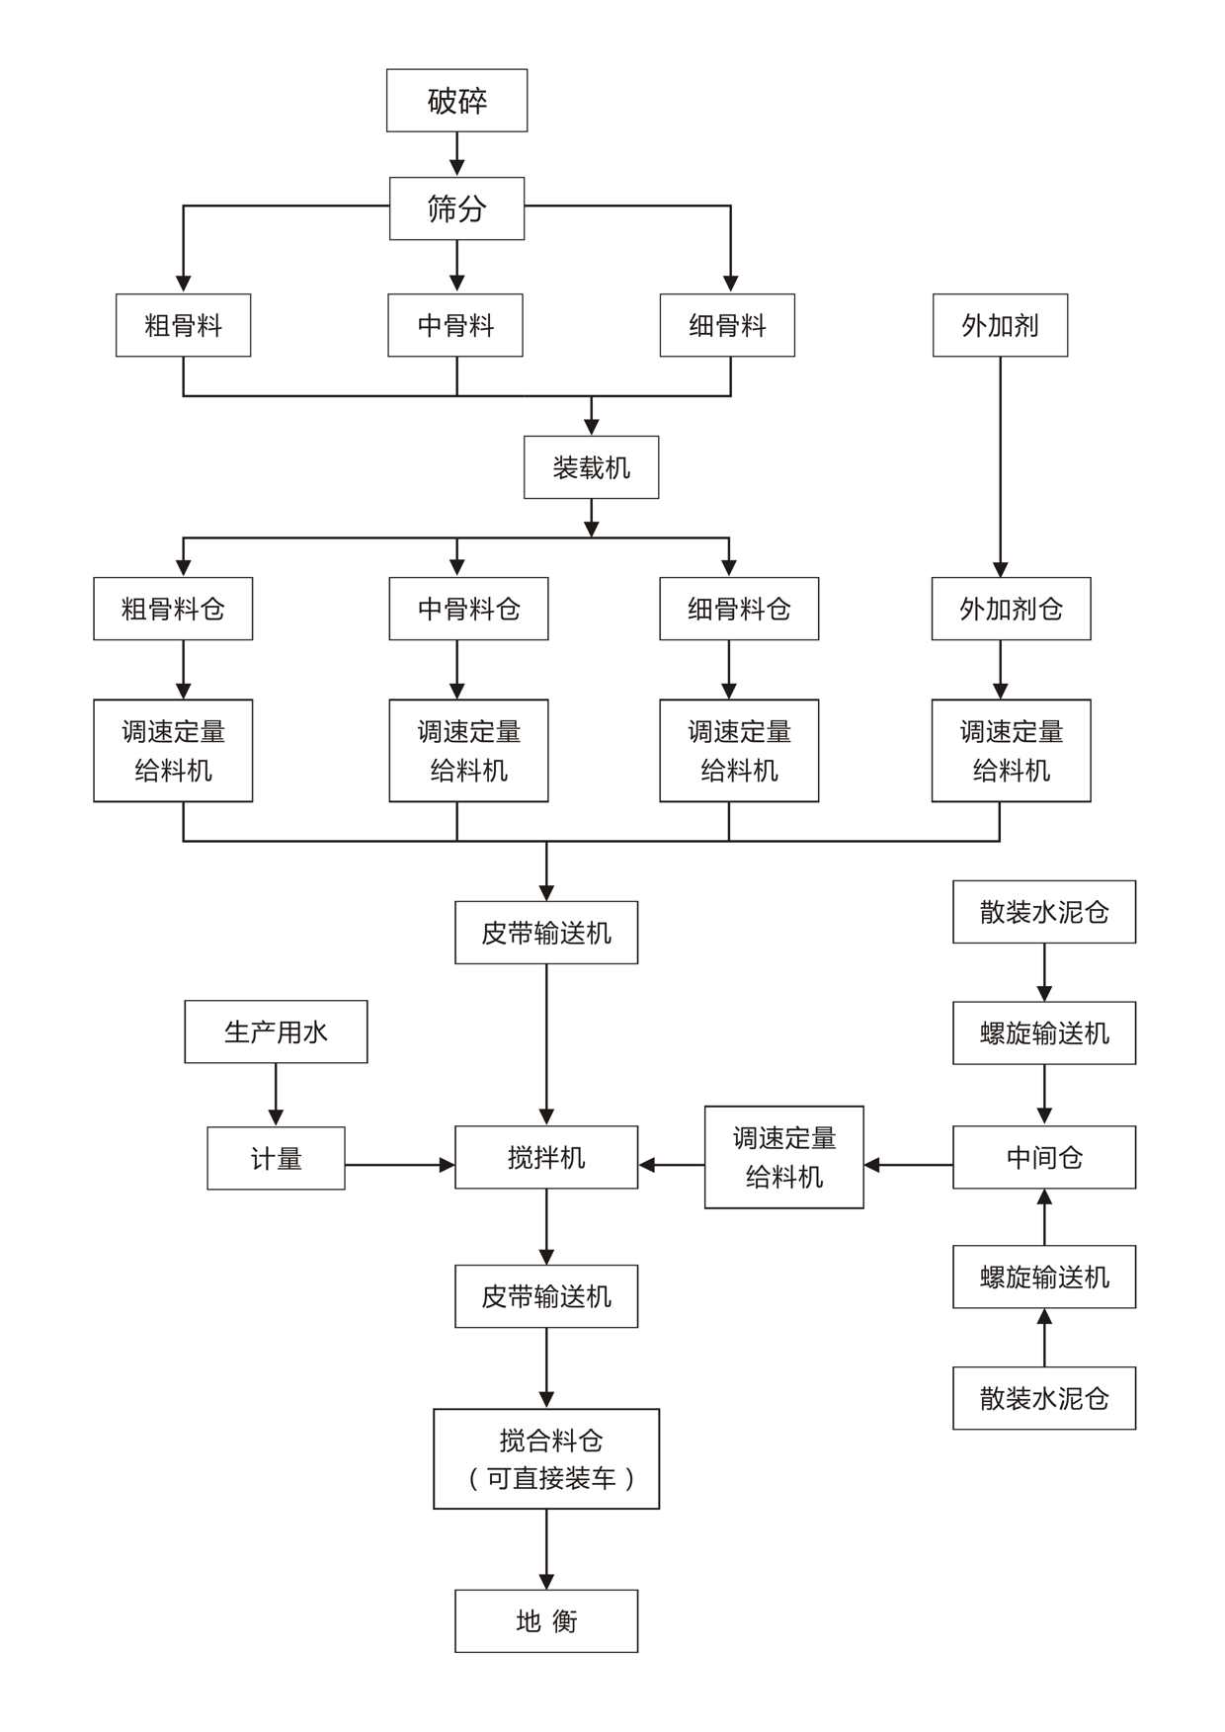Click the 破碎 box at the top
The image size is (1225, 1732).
click(x=456, y=100)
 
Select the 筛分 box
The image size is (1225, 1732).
click(x=456, y=208)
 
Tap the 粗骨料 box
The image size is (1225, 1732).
click(x=183, y=325)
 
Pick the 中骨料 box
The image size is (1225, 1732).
click(x=455, y=325)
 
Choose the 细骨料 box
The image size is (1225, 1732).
click(x=727, y=325)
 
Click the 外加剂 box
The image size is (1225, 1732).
click(x=1000, y=325)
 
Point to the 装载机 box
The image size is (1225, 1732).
click(x=591, y=467)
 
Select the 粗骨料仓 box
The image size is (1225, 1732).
click(x=173, y=609)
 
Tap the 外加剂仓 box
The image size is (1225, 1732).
click(x=1011, y=609)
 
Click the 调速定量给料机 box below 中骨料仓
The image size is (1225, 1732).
click(x=468, y=751)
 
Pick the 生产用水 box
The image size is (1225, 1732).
click(x=276, y=1031)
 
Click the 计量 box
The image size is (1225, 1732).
click(x=276, y=1158)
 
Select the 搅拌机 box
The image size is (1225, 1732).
click(x=546, y=1157)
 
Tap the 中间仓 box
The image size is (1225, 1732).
click(x=1044, y=1157)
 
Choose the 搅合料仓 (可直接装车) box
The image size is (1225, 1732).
click(x=546, y=1458)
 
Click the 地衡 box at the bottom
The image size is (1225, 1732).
click(x=546, y=1620)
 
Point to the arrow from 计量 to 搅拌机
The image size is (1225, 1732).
click(x=399, y=1165)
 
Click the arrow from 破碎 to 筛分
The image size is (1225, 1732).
click(x=456, y=154)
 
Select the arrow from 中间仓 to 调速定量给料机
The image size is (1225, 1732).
click(x=908, y=1165)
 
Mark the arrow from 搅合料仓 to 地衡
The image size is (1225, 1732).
click(x=546, y=1549)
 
